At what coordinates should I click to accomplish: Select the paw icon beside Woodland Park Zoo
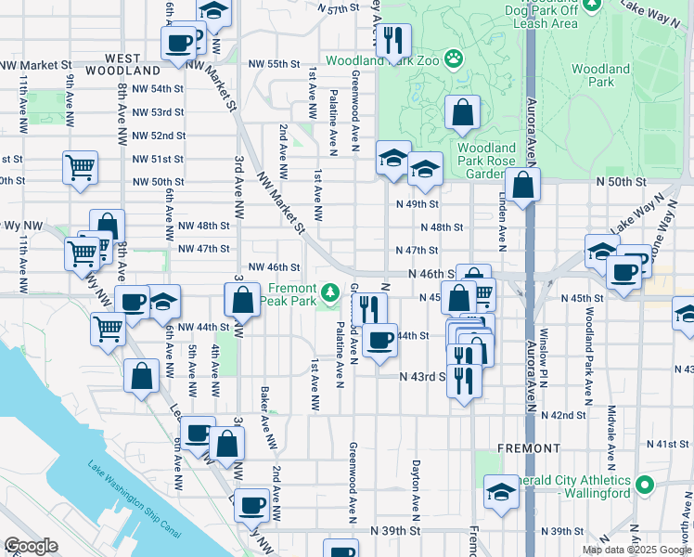pos(453,60)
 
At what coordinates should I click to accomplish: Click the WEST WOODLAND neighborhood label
pos(122,64)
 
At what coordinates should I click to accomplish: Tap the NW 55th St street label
pos(274,64)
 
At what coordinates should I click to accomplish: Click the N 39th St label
pos(396,531)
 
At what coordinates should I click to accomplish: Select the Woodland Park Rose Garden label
pos(486,161)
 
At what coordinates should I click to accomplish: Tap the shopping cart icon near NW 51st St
pos(81,169)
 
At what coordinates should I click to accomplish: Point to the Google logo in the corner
pos(31,546)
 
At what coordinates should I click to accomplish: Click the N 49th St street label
pos(416,204)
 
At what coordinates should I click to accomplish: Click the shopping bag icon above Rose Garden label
pos(462,114)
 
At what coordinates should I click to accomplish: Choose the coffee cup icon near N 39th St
pos(251,506)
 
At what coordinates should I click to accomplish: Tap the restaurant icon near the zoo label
pos(395,40)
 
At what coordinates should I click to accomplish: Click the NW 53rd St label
pos(158,112)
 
